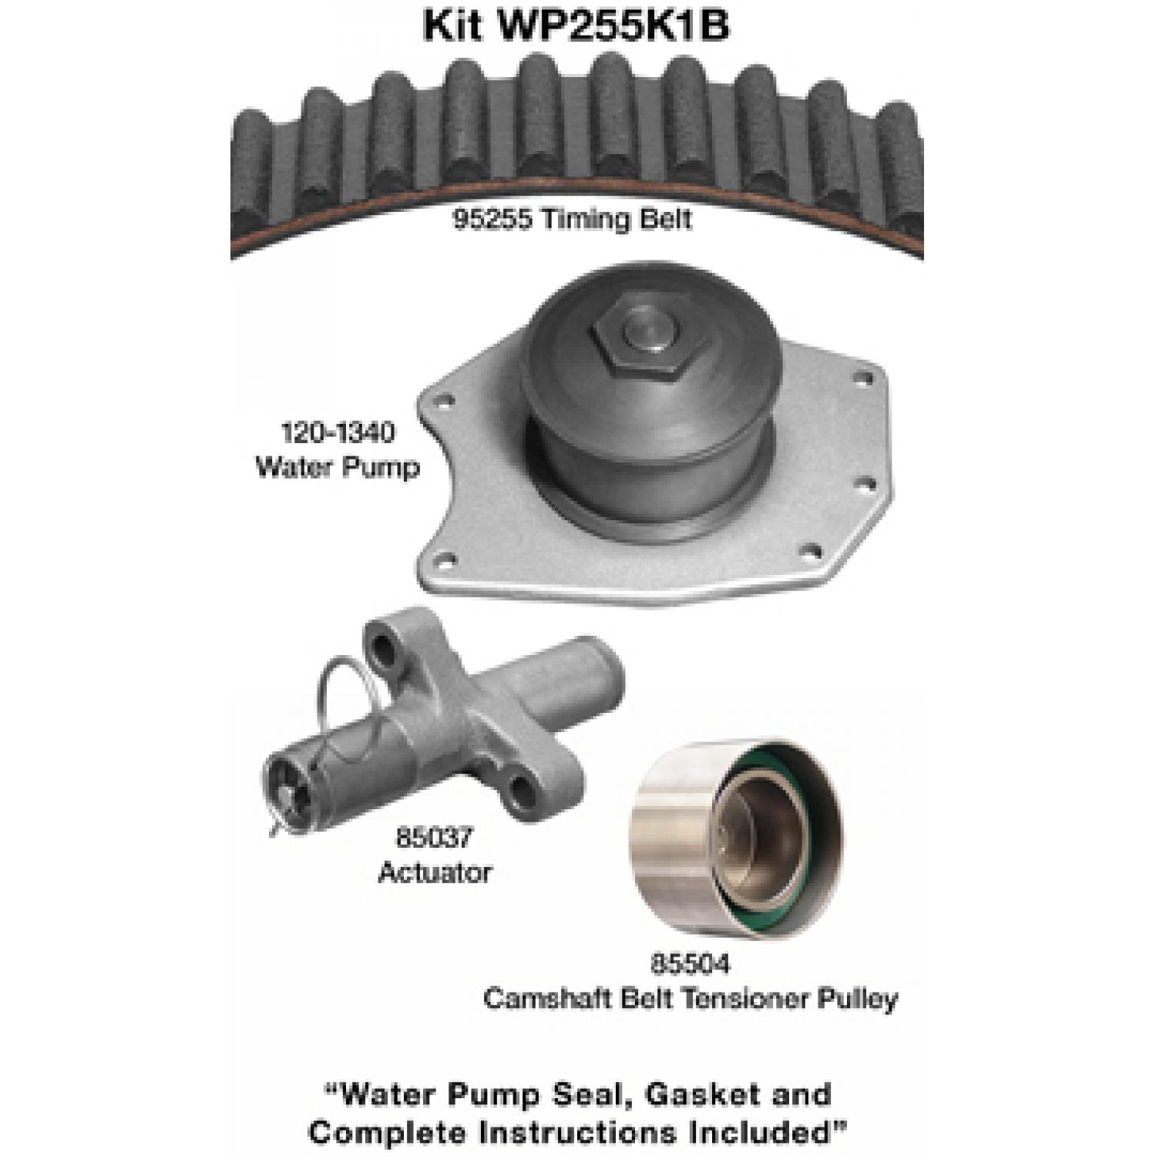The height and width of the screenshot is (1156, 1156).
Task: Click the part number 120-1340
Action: pos(338,432)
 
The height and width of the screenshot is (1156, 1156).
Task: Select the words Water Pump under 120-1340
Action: pos(338,467)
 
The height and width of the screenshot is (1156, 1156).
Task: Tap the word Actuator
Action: pos(435,872)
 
